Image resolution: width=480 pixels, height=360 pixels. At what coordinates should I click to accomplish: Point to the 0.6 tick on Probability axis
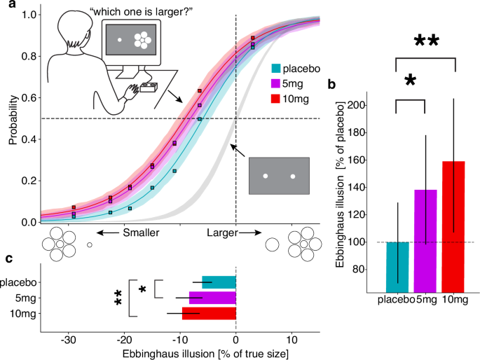[x=28, y=98]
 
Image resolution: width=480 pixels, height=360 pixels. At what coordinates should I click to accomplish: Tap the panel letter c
[x=8, y=258]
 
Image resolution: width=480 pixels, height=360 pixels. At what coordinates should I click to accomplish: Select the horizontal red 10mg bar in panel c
[x=209, y=313]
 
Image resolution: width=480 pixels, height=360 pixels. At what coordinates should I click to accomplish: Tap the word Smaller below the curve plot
[x=142, y=232]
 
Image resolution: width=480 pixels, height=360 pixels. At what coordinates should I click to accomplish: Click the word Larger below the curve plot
[x=221, y=232]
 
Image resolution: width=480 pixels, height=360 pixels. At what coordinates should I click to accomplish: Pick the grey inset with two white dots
[x=279, y=176]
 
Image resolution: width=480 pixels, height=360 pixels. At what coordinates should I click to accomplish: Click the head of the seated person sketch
[x=75, y=32]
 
